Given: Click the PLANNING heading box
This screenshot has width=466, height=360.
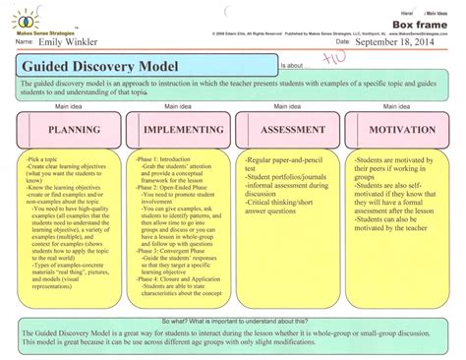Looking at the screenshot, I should [x=68, y=129].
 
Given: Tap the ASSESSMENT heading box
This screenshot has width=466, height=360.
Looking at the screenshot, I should [x=288, y=129].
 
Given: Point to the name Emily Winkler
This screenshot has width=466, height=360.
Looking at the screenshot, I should [x=71, y=42].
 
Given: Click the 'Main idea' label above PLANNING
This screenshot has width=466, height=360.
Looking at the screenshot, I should [x=69, y=105].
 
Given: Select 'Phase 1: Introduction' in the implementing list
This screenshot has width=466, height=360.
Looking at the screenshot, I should [x=161, y=157].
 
